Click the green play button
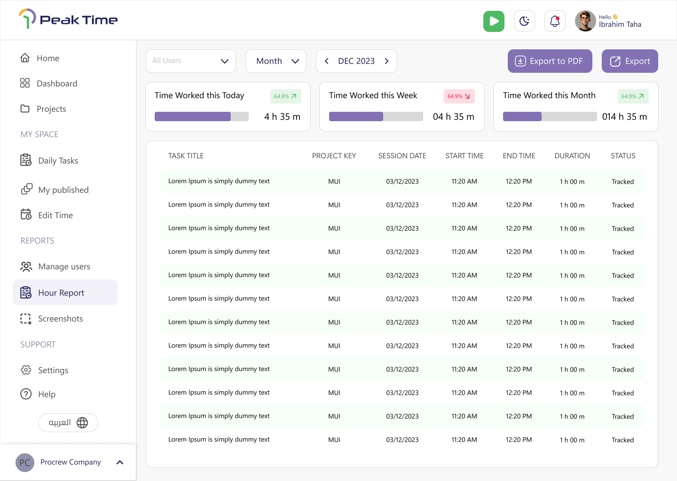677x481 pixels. tap(494, 21)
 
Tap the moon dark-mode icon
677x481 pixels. tap(524, 21)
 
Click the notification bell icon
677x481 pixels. tap(555, 21)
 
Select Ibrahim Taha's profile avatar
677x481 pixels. tap(585, 21)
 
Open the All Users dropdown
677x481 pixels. tap(191, 61)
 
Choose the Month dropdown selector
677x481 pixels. tap(276, 61)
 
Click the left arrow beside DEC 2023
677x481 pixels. tap(326, 61)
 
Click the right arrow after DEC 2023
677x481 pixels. tap(386, 61)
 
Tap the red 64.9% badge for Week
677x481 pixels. tap(459, 96)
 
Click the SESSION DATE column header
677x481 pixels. tap(402, 156)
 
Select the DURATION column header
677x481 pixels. tap(572, 156)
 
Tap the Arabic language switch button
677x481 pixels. tap(68, 422)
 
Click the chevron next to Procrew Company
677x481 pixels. tap(120, 462)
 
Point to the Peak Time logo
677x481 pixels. tap(68, 19)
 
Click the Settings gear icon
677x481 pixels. tap(26, 370)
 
